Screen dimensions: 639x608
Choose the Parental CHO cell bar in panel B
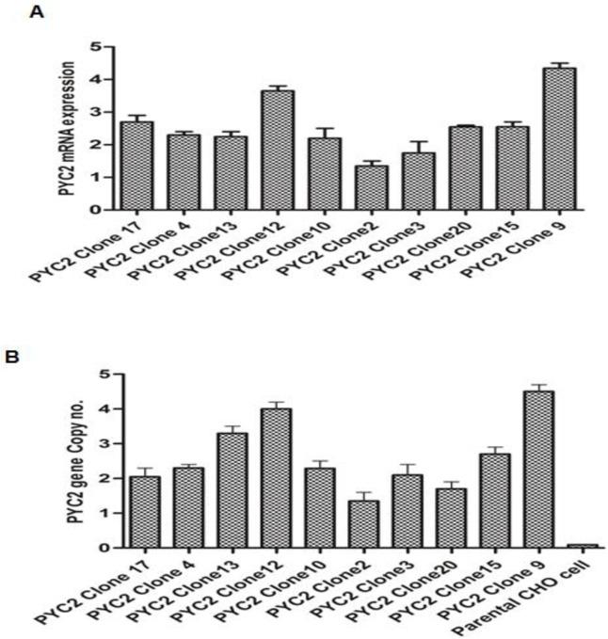pyautogui.click(x=583, y=545)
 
